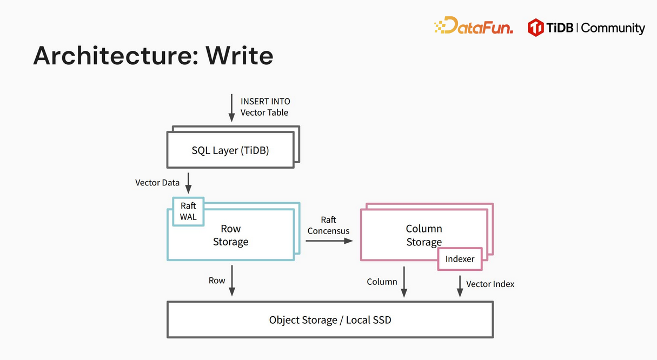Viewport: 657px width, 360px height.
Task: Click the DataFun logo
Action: tap(473, 25)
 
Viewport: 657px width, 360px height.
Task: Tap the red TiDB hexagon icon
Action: tap(535, 28)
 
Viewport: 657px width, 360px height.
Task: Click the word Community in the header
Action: tap(613, 28)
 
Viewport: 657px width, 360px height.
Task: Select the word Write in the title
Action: tap(240, 56)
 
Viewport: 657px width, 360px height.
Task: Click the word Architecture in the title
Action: tap(116, 56)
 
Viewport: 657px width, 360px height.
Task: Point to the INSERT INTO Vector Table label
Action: tap(265, 107)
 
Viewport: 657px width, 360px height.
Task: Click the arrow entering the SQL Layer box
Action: tap(232, 108)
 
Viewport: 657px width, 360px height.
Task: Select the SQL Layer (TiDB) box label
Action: tap(230, 150)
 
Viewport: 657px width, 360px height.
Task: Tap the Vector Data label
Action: tap(157, 183)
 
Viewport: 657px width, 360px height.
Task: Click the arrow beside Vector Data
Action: tap(188, 183)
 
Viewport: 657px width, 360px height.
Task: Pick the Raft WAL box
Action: tap(188, 211)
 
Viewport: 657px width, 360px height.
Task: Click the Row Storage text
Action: tap(230, 235)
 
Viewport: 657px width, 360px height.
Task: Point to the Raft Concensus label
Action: tap(328, 225)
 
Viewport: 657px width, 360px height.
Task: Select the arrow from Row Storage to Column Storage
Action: tap(329, 241)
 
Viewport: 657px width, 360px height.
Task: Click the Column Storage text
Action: tap(424, 235)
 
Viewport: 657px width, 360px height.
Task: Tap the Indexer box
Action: tap(460, 259)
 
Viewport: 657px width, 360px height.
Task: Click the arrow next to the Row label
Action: tap(232, 281)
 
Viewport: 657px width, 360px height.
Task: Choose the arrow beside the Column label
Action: tap(404, 282)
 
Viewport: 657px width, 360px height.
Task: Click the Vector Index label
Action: tap(490, 284)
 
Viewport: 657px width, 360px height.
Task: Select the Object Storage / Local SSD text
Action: tap(330, 320)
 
